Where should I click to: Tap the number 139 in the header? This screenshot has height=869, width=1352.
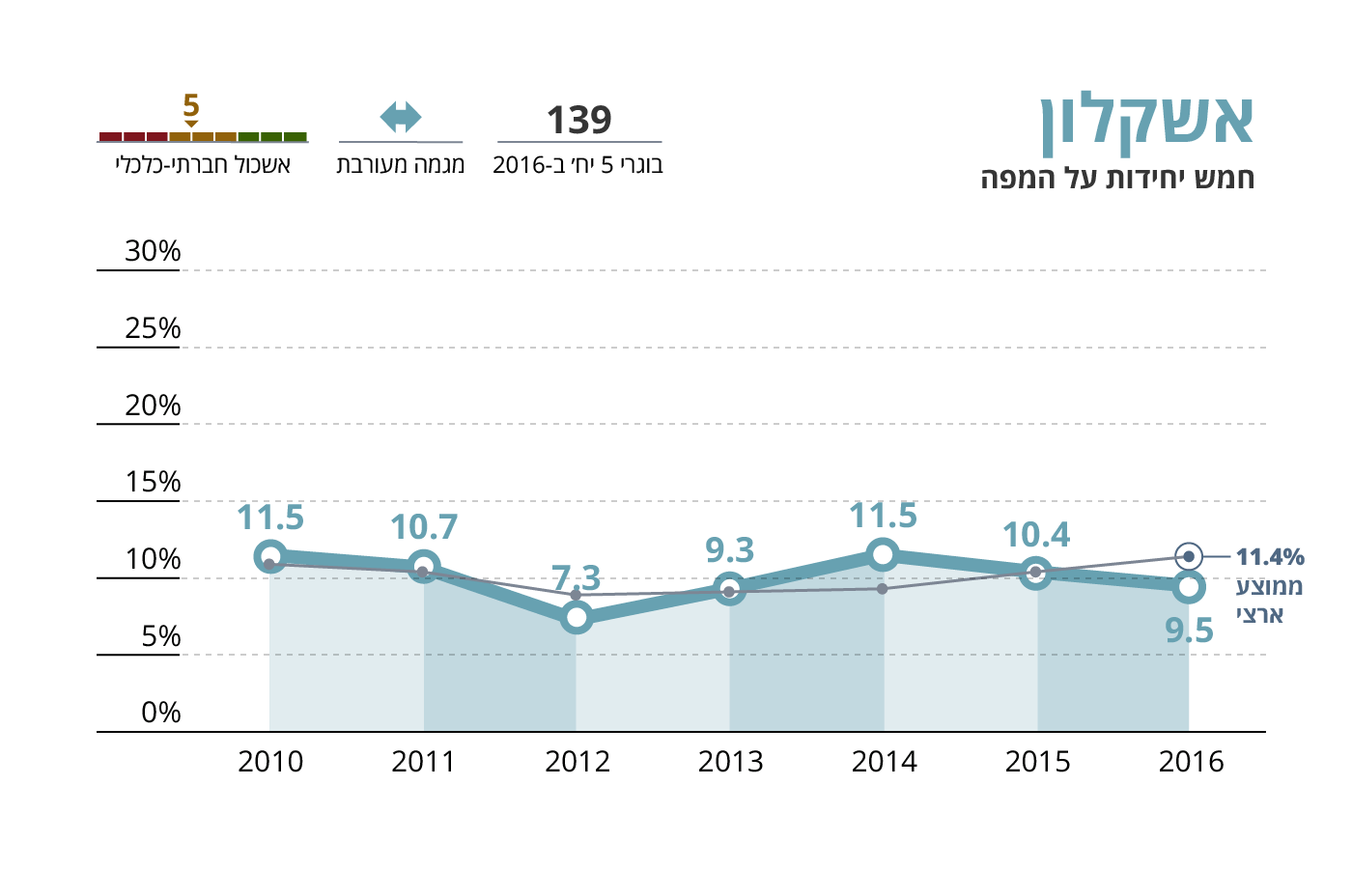[x=579, y=121]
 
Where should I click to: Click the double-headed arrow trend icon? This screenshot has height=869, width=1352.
[x=401, y=118]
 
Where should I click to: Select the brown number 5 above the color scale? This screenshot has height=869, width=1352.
[x=191, y=105]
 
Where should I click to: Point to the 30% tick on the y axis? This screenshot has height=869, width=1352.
[x=153, y=251]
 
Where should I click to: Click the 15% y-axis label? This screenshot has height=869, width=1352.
[x=153, y=482]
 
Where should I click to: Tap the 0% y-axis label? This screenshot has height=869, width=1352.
[x=160, y=713]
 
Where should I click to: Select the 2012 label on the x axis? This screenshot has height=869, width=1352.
[x=577, y=762]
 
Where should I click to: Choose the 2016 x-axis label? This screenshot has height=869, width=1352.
[x=1191, y=762]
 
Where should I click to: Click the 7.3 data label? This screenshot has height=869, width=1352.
[x=577, y=577]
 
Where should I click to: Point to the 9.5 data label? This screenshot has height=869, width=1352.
[x=1189, y=631]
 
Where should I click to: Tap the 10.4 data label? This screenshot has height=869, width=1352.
[x=1036, y=535]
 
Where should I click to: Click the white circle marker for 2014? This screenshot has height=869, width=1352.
[x=883, y=554]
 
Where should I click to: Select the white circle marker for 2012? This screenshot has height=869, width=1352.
[x=577, y=617]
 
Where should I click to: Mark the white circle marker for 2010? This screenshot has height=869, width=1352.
[x=270, y=557]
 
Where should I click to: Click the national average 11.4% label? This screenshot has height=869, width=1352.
[x=1270, y=557]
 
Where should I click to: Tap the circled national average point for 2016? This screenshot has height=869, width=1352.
[x=1189, y=556]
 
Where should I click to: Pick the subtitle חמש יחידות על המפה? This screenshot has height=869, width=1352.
[x=1117, y=179]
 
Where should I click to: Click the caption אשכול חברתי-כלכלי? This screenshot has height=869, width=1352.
[x=203, y=165]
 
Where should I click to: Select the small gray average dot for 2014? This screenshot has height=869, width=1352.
[x=883, y=588]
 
